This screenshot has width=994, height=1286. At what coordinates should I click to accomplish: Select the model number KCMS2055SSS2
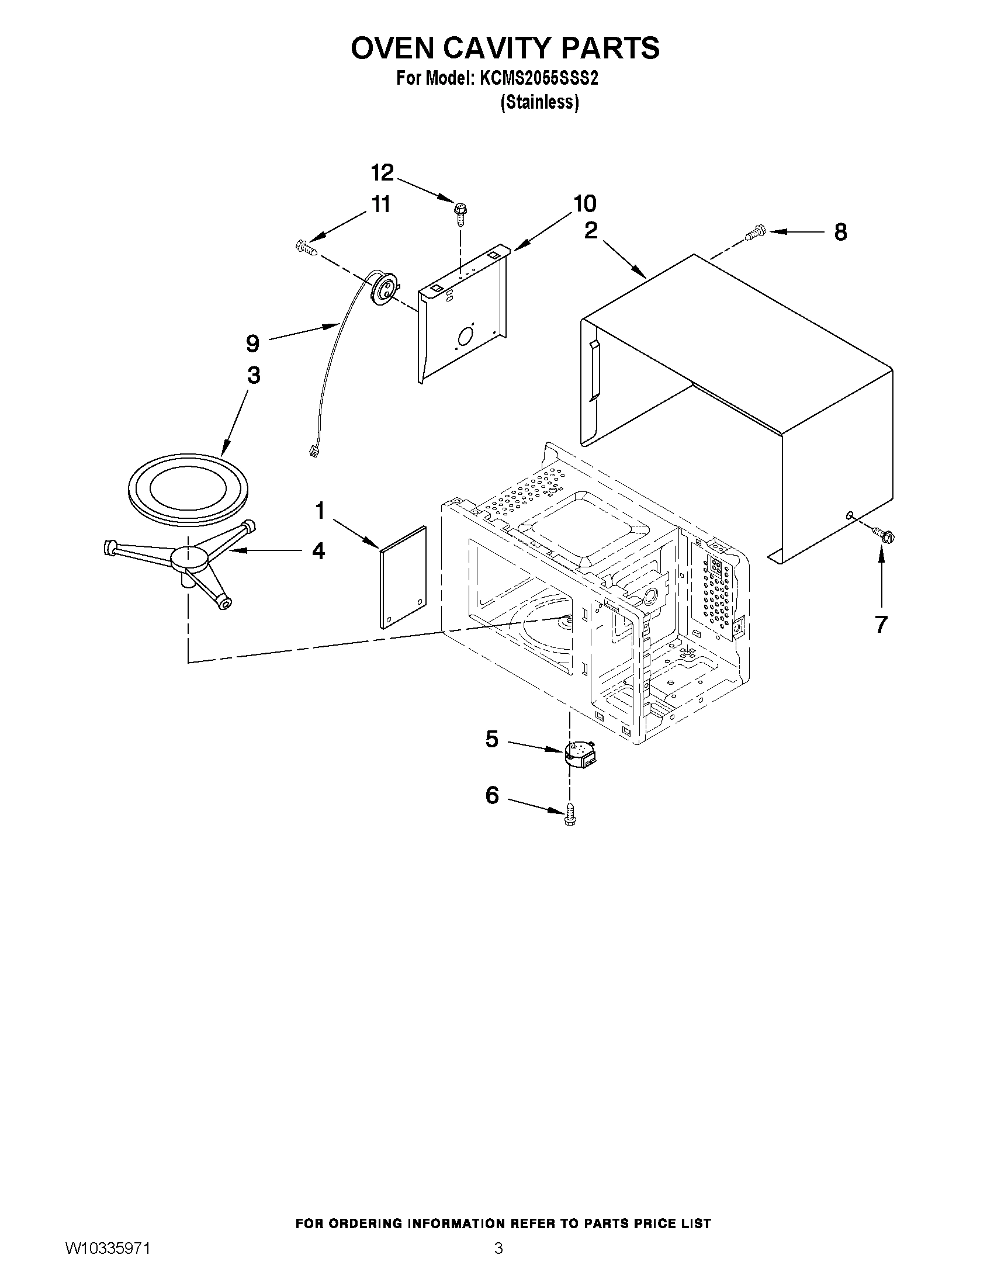[x=539, y=79]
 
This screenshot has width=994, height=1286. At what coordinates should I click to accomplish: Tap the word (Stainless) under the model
[x=539, y=102]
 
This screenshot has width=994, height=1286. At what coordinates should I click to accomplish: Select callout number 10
[x=584, y=204]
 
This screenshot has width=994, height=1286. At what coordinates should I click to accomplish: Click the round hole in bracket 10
[x=465, y=335]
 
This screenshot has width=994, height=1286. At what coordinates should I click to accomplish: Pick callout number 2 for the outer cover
[x=591, y=231]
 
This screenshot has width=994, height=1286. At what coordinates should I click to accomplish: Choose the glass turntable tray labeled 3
[x=188, y=488]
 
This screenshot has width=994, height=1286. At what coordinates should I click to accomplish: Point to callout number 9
[x=252, y=344]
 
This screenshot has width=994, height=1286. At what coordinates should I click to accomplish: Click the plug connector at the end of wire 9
[x=313, y=452]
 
